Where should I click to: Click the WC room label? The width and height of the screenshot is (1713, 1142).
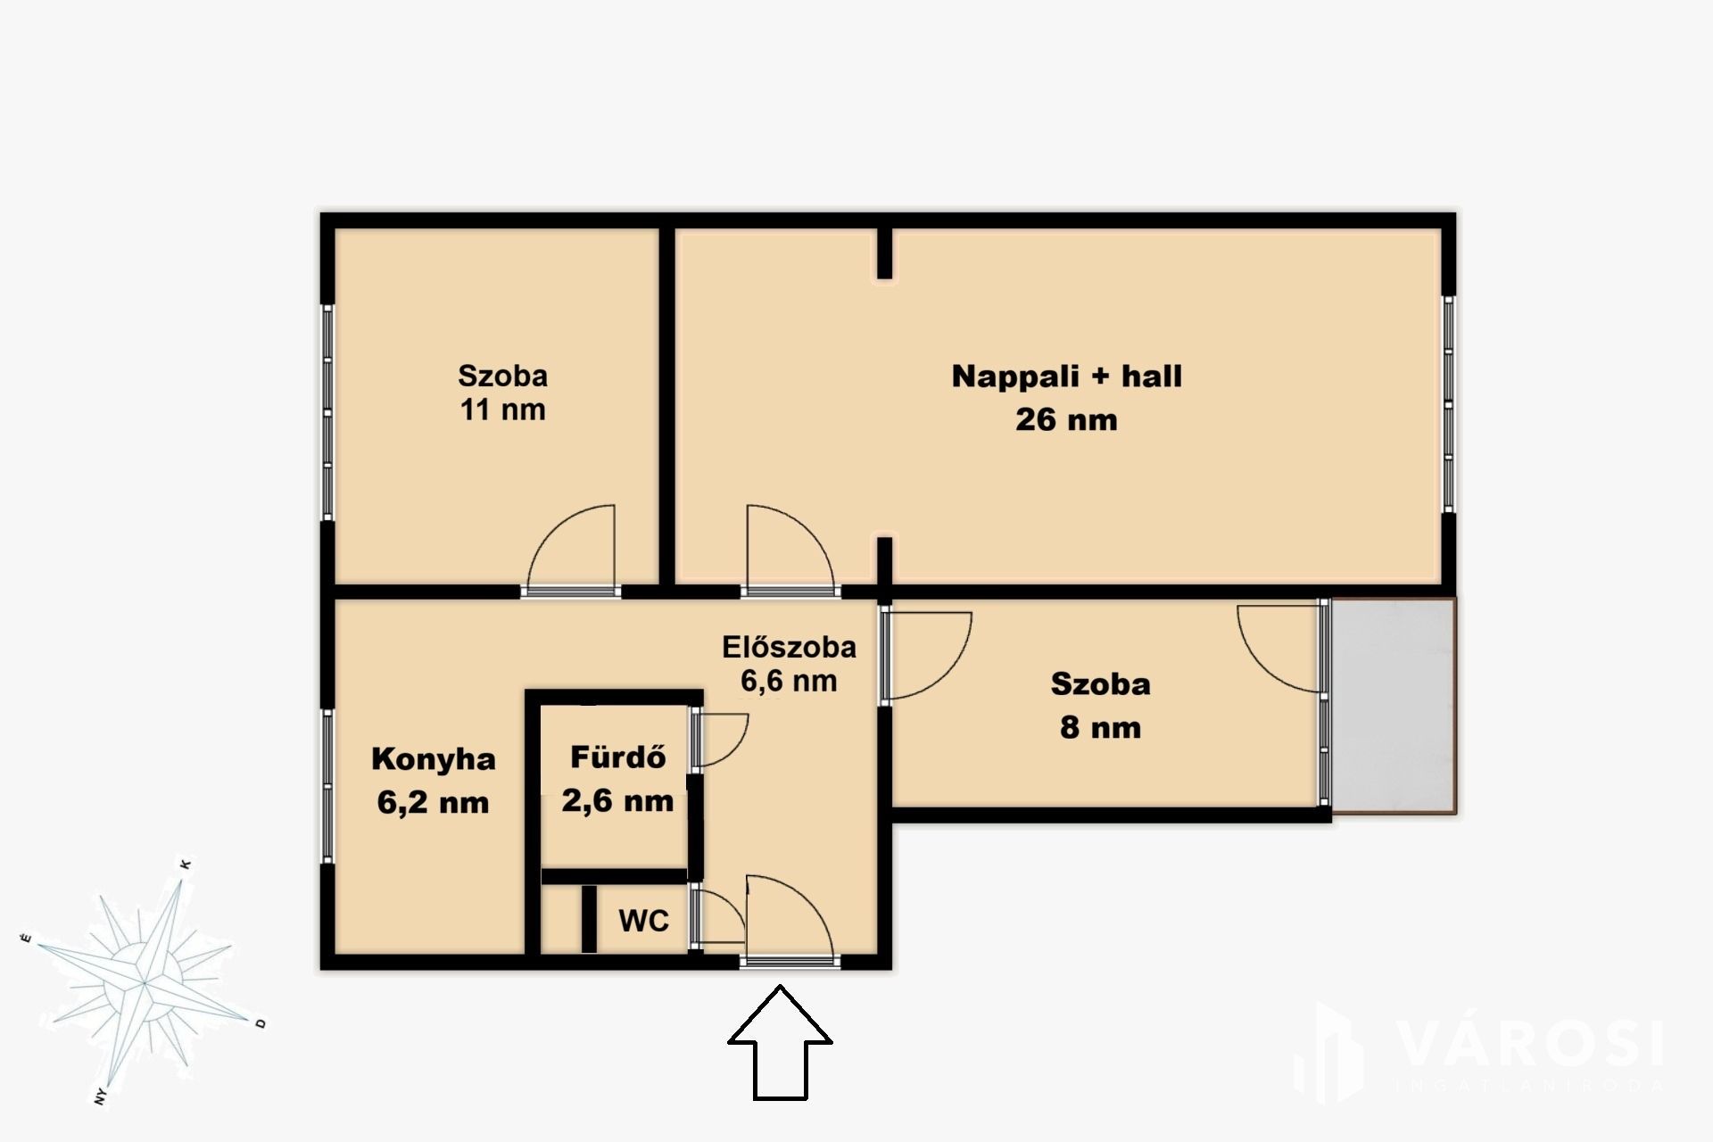coord(643,921)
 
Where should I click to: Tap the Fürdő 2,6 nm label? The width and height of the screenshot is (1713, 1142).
coord(617,779)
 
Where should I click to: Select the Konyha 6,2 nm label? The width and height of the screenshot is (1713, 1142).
coord(433,781)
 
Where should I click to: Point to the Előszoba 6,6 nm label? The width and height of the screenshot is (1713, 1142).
coord(789,663)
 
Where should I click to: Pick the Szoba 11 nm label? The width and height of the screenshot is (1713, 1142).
coord(502,393)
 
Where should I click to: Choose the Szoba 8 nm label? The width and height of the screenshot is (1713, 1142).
coord(1100,706)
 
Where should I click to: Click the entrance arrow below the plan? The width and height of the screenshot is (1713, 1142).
coord(781,1042)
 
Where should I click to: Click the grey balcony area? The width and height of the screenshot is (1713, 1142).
coord(1394,706)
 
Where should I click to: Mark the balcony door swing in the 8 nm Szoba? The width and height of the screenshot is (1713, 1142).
coord(1278,650)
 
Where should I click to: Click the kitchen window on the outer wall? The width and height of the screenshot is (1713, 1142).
coord(327,785)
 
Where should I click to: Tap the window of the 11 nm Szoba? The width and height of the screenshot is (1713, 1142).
coord(327,411)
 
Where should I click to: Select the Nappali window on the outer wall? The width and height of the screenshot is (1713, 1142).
coord(1449,404)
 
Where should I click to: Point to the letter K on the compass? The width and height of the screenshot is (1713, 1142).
coord(186,865)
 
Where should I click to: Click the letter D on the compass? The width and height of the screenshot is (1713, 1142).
coord(261,1023)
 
